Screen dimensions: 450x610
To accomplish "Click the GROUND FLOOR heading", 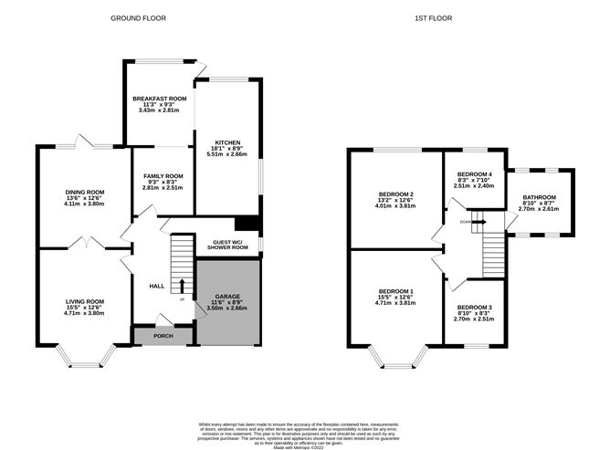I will [138, 17].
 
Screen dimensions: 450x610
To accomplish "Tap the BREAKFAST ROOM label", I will [159, 99].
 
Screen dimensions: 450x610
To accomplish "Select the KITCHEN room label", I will [226, 143].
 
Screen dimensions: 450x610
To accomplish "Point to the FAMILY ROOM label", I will [162, 176].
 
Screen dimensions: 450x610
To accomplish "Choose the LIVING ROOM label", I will [84, 301].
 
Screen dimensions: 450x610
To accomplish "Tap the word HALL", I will [156, 287].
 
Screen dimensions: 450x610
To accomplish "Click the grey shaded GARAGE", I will [227, 310].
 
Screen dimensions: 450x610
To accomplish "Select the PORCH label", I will [163, 336].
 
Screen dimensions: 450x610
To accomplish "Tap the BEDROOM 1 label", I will [397, 291].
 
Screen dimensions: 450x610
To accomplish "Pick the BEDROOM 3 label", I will [475, 308].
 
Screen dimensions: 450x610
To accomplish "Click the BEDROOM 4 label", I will [475, 174].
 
